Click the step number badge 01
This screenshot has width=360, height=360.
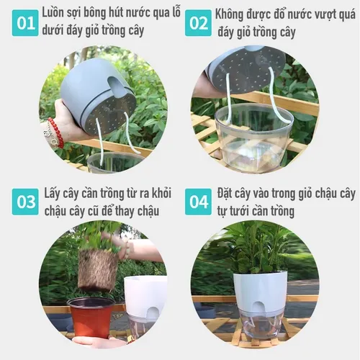click(26, 23)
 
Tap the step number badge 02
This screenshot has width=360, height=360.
click(198, 23)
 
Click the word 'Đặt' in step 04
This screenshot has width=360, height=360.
click(227, 194)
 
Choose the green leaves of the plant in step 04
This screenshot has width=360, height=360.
click(259, 248)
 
